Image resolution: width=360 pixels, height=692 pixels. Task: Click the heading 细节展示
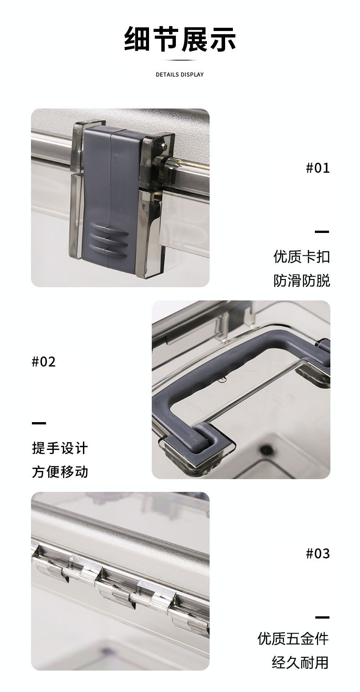[x=180, y=40]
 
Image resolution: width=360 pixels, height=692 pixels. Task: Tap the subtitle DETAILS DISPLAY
[x=180, y=74]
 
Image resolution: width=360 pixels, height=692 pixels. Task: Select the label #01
[x=317, y=168]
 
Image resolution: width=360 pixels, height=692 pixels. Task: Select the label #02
[x=44, y=361]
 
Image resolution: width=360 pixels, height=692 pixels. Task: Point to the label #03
[x=317, y=553]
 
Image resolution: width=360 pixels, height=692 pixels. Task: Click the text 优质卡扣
[x=301, y=256]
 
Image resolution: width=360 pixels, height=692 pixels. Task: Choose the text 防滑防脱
[x=301, y=280]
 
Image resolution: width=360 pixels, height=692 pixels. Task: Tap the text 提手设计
[x=60, y=448]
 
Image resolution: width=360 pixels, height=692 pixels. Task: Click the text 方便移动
[x=60, y=471]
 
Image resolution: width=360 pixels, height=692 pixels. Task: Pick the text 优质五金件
[x=293, y=638]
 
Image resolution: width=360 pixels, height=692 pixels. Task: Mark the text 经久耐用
[x=300, y=662]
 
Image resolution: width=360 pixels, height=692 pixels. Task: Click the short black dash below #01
[x=322, y=232]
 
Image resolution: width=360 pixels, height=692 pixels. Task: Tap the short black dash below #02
[x=39, y=423]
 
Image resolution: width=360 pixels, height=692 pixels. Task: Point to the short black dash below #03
[x=322, y=617]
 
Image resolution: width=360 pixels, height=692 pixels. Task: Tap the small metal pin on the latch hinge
[x=163, y=146]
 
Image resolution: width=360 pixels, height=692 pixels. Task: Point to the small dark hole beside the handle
[x=264, y=450]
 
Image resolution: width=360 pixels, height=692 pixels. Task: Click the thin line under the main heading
[x=180, y=60]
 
